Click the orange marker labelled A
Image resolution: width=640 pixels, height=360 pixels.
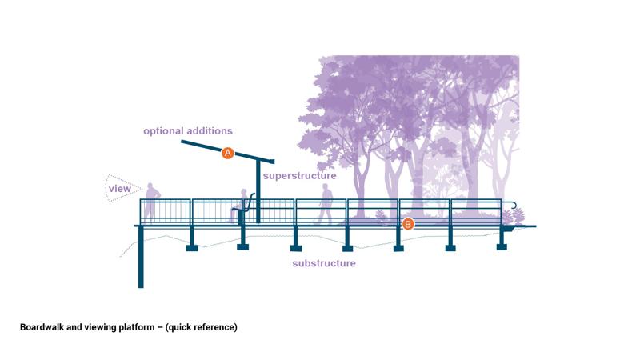click(x=227, y=153)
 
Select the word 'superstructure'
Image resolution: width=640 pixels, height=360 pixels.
click(x=300, y=175)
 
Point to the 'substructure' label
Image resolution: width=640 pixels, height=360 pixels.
click(x=324, y=263)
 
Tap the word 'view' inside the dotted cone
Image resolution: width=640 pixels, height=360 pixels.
click(x=120, y=189)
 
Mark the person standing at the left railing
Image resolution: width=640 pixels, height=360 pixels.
click(x=152, y=202)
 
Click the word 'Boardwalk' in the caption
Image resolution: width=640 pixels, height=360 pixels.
click(x=42, y=327)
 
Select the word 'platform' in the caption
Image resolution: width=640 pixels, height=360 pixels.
click(x=136, y=327)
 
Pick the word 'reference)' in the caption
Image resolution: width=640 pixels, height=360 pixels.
click(x=215, y=327)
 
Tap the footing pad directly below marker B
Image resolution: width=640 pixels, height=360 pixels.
click(x=398, y=247)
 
